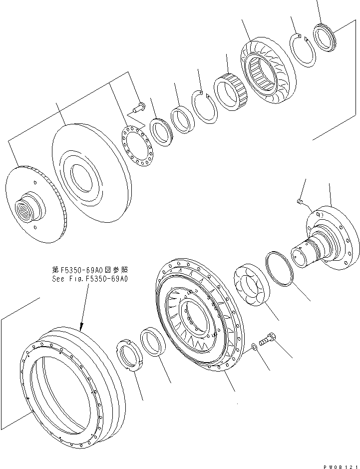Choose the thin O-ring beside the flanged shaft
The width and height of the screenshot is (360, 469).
click(x=282, y=269)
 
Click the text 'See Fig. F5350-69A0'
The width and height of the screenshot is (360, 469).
click(x=89, y=280)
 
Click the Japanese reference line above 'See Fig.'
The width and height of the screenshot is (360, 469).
click(x=89, y=272)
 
